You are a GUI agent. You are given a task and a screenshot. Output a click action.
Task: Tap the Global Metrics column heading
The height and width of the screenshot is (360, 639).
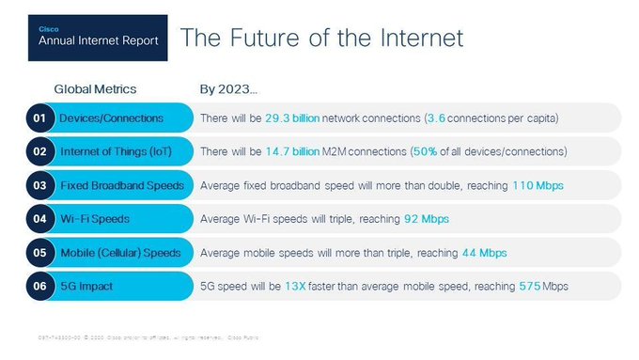(x=95, y=89)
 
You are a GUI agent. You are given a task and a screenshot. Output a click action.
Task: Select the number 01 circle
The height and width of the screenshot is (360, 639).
(x=39, y=117)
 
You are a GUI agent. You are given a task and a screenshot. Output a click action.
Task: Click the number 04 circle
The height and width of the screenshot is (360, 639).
(x=39, y=218)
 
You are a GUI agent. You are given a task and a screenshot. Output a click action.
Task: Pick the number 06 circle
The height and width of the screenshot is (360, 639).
(x=39, y=285)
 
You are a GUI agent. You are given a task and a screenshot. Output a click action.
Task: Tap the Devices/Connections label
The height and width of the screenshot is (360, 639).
(x=111, y=117)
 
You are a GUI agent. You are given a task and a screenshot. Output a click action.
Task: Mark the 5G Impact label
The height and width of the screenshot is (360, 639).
(x=92, y=285)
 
